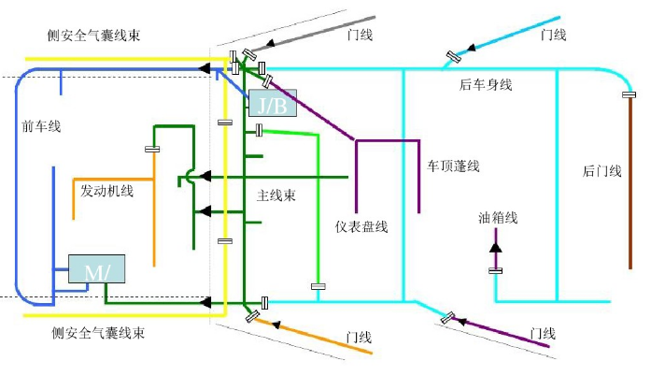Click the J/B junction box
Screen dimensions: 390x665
click(x=272, y=103)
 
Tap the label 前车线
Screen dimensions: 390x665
click(x=40, y=126)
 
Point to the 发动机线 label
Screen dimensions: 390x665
click(x=106, y=191)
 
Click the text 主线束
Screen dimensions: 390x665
click(x=276, y=196)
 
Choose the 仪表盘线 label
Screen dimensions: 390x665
click(x=361, y=226)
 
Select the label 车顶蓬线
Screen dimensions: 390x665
click(x=453, y=166)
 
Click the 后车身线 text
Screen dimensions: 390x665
click(x=486, y=85)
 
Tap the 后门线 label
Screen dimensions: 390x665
click(x=601, y=170)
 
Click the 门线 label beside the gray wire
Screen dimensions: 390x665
click(x=360, y=36)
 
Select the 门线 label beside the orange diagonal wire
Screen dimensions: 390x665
click(x=358, y=335)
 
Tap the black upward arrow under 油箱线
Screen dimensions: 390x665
click(x=496, y=246)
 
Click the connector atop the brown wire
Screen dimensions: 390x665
click(x=630, y=94)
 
